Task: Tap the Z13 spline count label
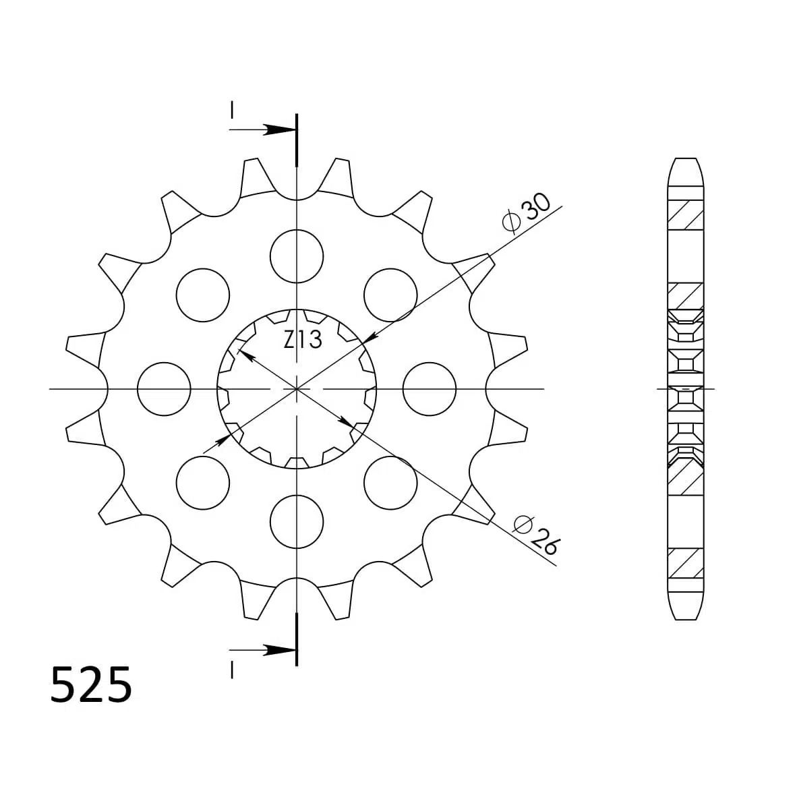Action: (302, 341)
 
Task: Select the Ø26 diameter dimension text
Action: (536, 534)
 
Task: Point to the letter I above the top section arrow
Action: (232, 109)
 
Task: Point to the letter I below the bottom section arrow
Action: (232, 670)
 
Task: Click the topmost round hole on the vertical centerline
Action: (297, 256)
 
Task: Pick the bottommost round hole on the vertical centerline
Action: (297, 522)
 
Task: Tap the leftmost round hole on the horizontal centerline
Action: (164, 389)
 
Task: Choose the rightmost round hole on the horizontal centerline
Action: (430, 389)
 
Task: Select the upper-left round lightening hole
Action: (202, 295)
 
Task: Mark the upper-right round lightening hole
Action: (390, 295)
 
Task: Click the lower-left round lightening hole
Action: (202, 482)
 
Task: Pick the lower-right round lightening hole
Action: (390, 482)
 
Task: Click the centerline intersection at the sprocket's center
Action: (297, 389)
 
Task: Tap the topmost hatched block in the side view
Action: (685, 215)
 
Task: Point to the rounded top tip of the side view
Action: (685, 160)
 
